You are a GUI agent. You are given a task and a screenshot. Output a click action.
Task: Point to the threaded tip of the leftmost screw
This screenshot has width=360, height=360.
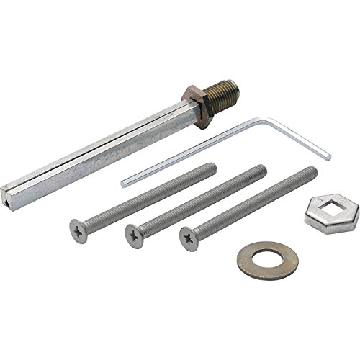[x=212, y=166]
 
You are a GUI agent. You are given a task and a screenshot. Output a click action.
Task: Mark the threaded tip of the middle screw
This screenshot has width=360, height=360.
[x=263, y=168]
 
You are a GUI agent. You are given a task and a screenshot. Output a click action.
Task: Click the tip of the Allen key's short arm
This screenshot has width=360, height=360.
[x=328, y=157]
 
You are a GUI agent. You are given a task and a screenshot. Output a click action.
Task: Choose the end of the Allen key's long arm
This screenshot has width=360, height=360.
[x=124, y=182]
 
